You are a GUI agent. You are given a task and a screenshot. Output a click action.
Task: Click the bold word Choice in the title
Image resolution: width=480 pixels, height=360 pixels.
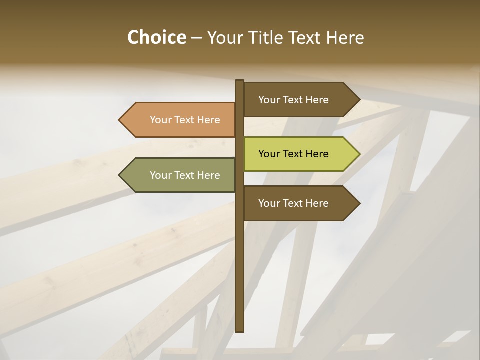[156, 37]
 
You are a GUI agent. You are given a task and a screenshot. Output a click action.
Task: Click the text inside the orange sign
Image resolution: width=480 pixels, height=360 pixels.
[185, 120]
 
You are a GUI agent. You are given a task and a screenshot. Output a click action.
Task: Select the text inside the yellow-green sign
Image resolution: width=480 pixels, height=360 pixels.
[293, 154]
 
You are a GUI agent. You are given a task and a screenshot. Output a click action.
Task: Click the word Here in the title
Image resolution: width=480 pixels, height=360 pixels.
[345, 37]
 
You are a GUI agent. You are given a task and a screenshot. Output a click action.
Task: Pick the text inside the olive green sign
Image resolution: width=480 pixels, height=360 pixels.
[185, 175]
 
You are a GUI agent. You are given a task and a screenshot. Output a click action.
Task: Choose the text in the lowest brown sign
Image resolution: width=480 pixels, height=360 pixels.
[293, 203]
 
